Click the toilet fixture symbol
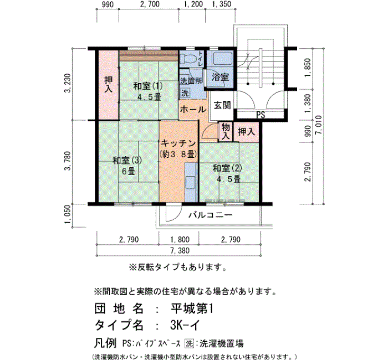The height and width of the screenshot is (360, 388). point(188,59)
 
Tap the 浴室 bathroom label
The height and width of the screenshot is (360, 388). point(220,77)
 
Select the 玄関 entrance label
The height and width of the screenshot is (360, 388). point(222,105)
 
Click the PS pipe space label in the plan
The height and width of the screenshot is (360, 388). point(261,115)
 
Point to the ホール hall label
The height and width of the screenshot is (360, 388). point(193,109)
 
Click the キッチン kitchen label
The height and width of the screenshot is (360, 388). point(178,143)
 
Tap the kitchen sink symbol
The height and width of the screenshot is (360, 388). point(191,182)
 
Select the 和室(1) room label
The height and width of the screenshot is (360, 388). point(148,86)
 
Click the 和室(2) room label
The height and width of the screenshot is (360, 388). point(227,168)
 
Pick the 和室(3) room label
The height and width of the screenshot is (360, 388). point(127,160)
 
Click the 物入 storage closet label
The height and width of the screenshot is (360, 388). point(226,132)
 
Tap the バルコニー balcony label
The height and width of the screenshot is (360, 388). point(211,215)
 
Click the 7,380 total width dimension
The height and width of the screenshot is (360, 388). point(180,250)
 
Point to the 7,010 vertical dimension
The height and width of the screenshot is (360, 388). point(319,125)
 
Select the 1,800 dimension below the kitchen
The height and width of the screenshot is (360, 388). point(180,239)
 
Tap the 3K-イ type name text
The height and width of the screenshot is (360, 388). point(185,325)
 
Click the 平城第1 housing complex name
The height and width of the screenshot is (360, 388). point(192,308)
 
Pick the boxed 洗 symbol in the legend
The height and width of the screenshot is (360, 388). point(190,343)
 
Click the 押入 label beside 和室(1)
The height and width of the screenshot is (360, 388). point(109,84)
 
